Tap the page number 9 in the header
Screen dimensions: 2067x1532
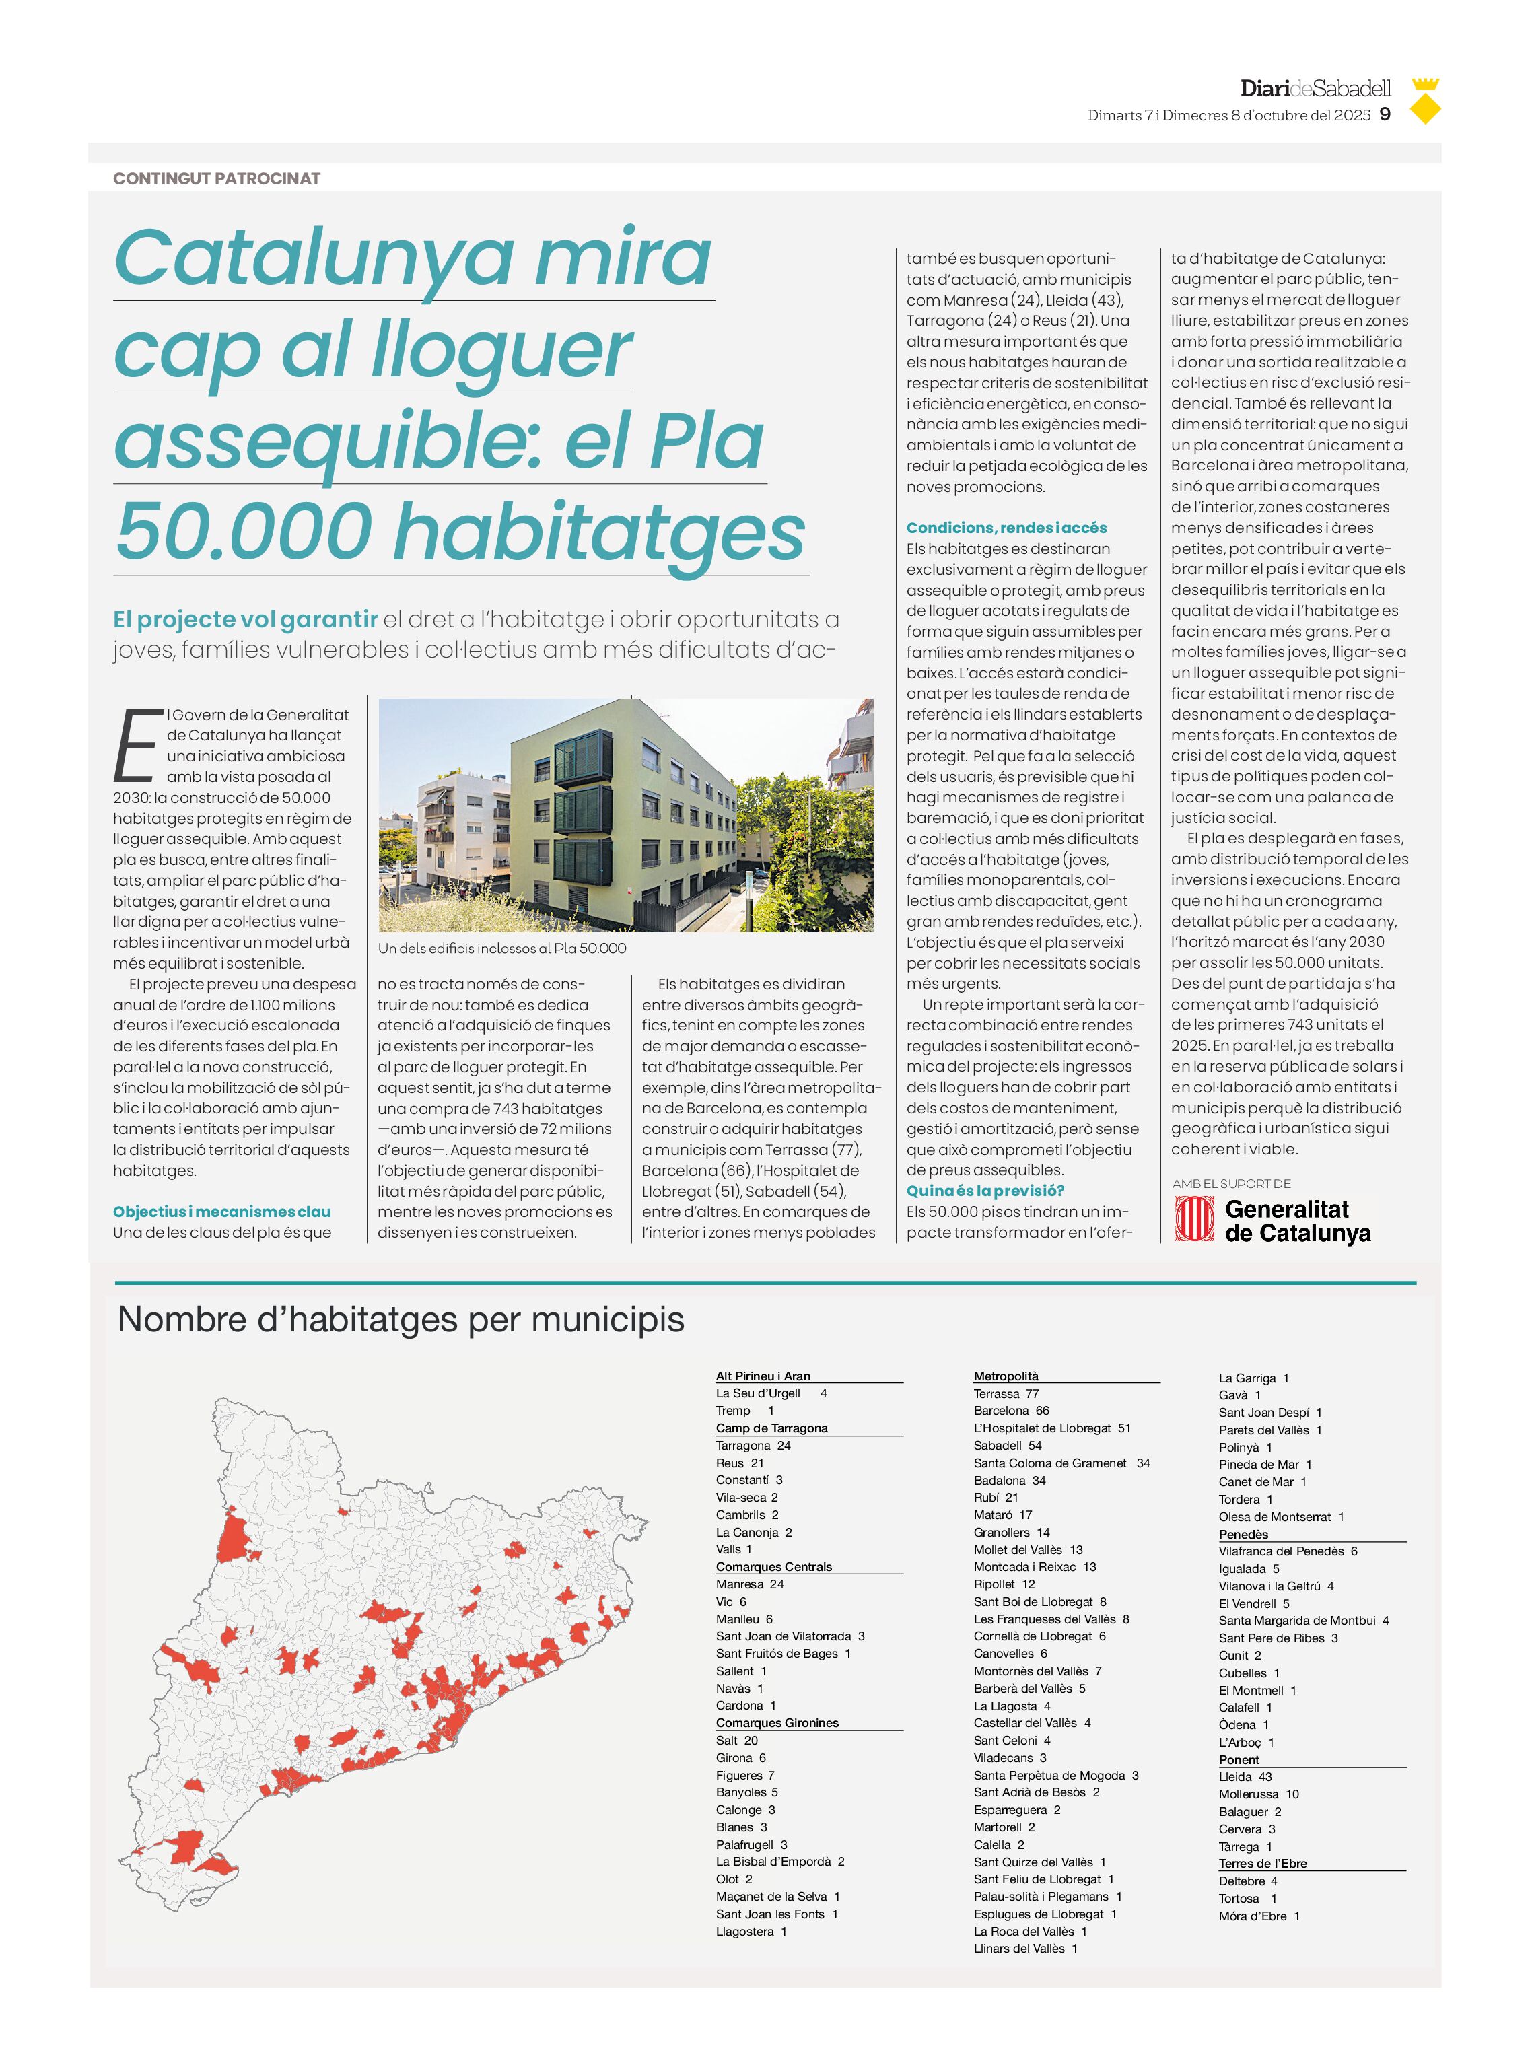point(1385,115)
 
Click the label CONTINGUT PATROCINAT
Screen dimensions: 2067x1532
point(216,179)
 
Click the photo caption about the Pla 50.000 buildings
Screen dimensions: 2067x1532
point(501,948)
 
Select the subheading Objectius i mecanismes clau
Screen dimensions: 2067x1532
point(221,1211)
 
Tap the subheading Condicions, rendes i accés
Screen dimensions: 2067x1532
point(1006,528)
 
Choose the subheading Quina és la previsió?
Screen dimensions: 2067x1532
point(985,1191)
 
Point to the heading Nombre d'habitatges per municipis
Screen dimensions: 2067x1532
point(401,1320)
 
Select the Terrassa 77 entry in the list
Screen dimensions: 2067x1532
point(1006,1394)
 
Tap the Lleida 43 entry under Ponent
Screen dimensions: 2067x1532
point(1245,1777)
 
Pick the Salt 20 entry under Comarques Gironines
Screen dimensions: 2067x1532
point(736,1741)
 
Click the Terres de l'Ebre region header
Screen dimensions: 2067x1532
point(1262,1863)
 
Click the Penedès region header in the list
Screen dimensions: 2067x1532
point(1243,1534)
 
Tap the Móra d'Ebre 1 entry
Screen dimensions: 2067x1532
point(1259,1916)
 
